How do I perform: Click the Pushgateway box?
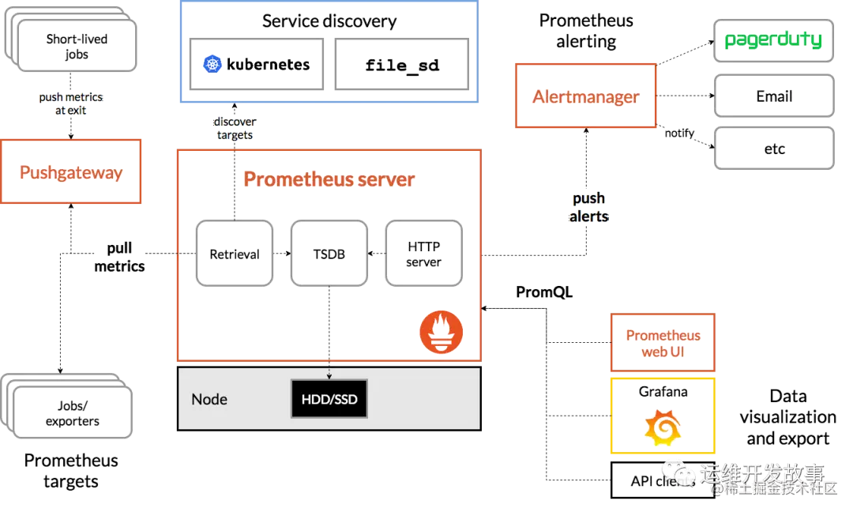72,172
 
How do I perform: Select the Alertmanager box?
585,96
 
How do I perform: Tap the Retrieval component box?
234,254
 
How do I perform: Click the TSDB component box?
329,254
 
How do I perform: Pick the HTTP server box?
423,254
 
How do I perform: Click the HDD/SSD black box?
329,399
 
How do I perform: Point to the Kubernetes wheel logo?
212,65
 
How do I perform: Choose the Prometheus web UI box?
663,343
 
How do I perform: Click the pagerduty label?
774,40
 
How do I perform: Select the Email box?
774,97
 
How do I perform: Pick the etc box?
774,149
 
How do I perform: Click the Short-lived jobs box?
77,47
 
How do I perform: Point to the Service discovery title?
329,21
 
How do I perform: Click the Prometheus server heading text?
329,179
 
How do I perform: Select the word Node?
209,399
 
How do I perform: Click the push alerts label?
589,207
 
